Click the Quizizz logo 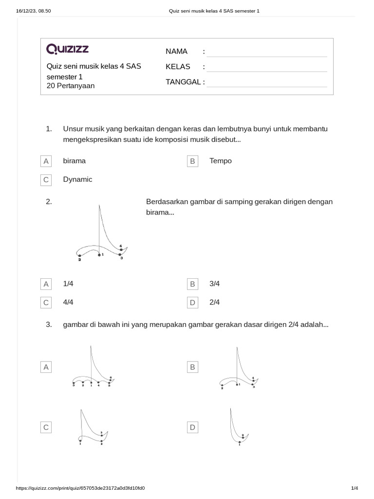pyautogui.click(x=67, y=49)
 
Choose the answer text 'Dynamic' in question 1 pyautogui.click(x=77, y=179)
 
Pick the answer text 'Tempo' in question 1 pyautogui.click(x=221, y=161)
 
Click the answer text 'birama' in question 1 pyautogui.click(x=74, y=161)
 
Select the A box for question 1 pyautogui.click(x=46, y=161)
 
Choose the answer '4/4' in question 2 pyautogui.click(x=68, y=302)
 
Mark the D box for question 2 pyautogui.click(x=192, y=303)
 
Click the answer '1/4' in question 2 pyautogui.click(x=68, y=284)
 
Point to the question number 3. pyautogui.click(x=49, y=325)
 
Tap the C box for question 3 pyautogui.click(x=46, y=427)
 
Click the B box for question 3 pyautogui.click(x=192, y=367)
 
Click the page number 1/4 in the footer pyautogui.click(x=354, y=488)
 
